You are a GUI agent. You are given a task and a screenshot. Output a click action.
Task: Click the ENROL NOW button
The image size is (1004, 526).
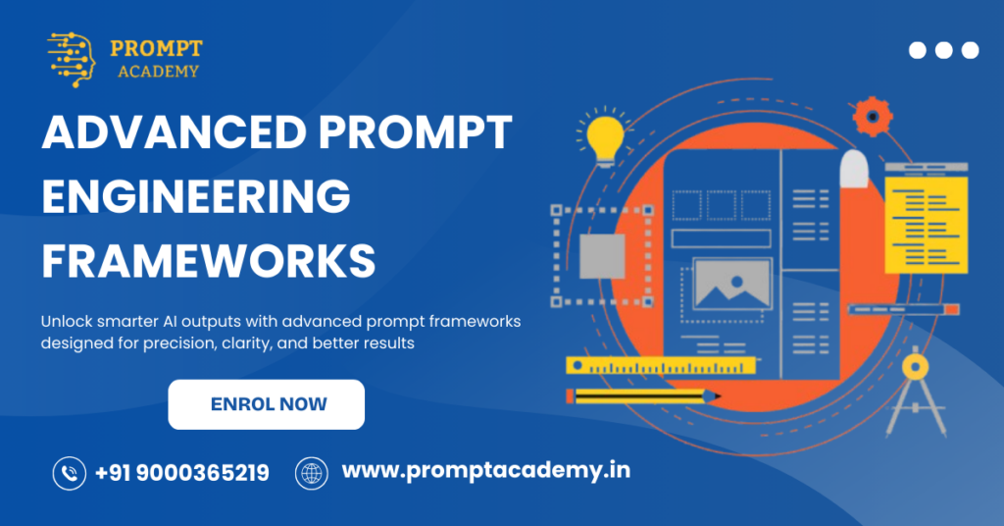point(267,404)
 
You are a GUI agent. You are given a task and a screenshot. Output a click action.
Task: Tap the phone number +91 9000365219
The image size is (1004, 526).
point(182,473)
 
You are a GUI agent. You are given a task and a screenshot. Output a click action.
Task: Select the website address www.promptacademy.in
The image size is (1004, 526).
point(485,471)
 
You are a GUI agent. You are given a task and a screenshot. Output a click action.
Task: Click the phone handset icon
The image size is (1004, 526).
point(70,474)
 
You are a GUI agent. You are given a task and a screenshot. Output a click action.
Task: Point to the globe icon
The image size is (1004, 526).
point(312,474)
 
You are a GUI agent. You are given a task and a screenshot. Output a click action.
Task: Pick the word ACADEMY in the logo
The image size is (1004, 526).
point(158,71)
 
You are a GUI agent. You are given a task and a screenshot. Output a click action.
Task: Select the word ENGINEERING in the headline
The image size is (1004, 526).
point(196,197)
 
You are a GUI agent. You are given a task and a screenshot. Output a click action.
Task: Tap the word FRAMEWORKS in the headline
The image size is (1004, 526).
point(209,261)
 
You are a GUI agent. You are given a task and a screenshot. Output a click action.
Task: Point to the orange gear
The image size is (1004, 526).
point(872,117)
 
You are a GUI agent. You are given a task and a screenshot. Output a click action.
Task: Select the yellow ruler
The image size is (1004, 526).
point(662,366)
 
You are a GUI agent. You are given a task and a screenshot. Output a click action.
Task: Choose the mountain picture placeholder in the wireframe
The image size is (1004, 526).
point(730,284)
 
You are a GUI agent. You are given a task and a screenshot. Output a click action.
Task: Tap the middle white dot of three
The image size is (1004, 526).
point(944,50)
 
